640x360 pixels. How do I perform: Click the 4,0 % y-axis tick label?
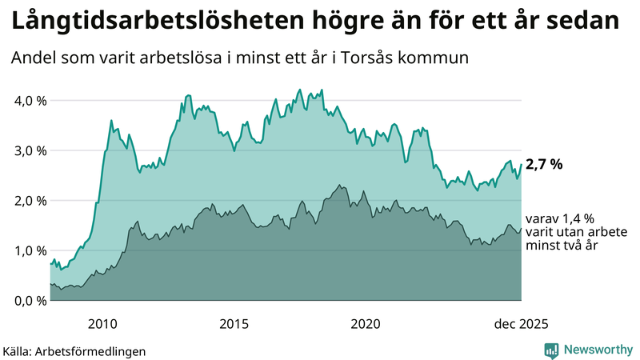click(x=29, y=101)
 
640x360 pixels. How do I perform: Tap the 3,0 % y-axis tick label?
click(x=29, y=150)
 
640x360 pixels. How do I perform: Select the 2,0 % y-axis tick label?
click(x=29, y=201)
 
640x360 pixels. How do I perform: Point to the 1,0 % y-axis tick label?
click(x=29, y=250)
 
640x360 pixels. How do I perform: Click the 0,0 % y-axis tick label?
click(x=29, y=301)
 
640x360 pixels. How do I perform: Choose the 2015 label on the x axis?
click(x=234, y=324)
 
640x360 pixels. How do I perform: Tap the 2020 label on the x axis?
click(x=366, y=324)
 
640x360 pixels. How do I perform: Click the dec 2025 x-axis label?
click(x=521, y=324)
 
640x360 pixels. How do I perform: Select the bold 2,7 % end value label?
click(x=544, y=165)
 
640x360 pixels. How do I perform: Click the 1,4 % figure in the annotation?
click(x=577, y=218)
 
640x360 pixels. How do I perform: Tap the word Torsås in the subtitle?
click(x=383, y=58)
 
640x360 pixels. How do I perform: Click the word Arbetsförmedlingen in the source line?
click(x=96, y=351)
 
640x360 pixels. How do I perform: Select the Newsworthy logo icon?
click(x=551, y=350)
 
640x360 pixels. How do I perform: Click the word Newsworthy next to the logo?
click(x=598, y=350)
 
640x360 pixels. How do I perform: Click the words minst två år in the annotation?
click(x=562, y=246)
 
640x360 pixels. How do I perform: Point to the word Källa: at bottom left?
click(x=22, y=351)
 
